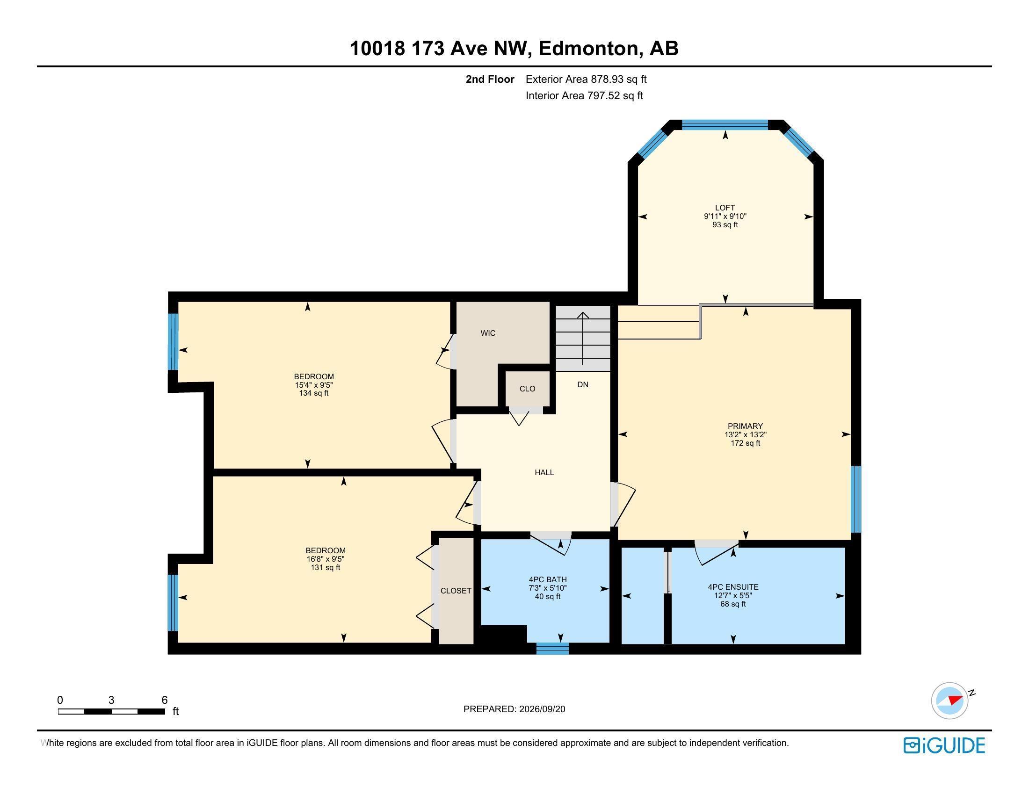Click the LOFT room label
coord(725,208)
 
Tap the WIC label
coord(488,333)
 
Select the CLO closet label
coord(527,389)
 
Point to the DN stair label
coord(583,384)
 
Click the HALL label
coord(544,472)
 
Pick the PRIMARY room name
coord(745,426)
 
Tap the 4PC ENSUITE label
coord(733,587)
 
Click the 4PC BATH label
coord(548,579)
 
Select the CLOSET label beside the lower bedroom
coord(456,591)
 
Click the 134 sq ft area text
coord(314,393)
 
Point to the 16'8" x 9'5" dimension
coord(326,559)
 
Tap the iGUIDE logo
coord(944,745)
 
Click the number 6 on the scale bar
coord(165,700)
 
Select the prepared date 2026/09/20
coord(541,709)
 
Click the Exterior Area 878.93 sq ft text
coord(586,79)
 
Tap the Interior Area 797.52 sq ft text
coord(584,95)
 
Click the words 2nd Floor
coord(490,79)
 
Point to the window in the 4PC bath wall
coord(553,649)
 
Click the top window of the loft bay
coord(725,125)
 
